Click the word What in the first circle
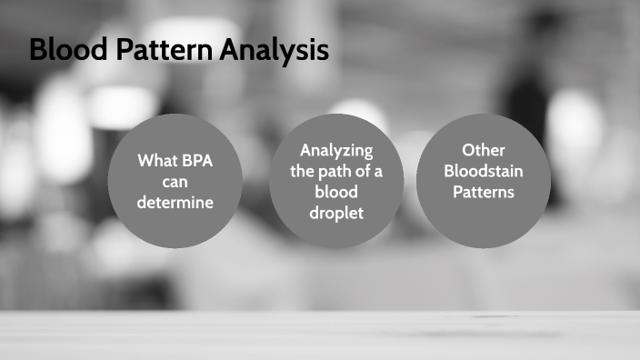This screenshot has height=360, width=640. (157, 161)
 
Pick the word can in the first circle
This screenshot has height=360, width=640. (175, 182)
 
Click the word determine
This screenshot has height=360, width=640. (175, 203)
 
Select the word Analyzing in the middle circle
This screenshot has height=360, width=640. (336, 150)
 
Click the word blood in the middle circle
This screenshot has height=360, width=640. (336, 192)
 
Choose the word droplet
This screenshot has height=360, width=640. (336, 213)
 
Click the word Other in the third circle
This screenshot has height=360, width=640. (483, 150)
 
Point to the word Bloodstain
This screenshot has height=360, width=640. (483, 171)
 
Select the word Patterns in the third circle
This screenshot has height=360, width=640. (483, 192)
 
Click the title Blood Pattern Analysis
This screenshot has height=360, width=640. (179, 50)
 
